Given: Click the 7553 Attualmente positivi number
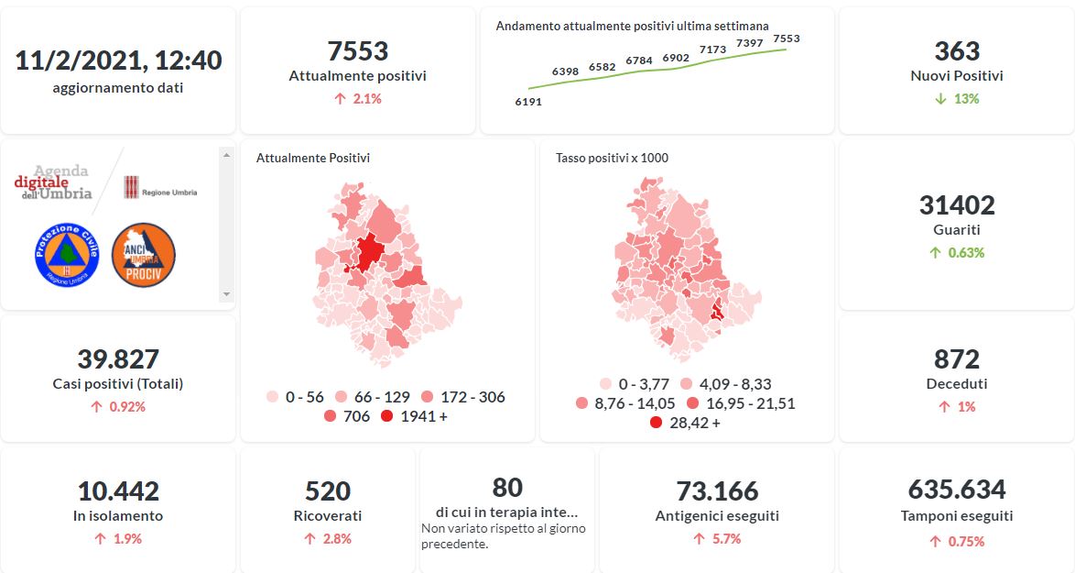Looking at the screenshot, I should point(357,51).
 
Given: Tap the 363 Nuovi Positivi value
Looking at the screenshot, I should point(957,51).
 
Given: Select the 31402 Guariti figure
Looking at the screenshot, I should point(957,205).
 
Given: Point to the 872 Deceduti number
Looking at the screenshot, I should point(957,359).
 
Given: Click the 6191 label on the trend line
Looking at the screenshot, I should point(528,102).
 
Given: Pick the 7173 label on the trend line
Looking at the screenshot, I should point(712,50).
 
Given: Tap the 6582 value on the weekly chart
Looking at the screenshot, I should point(603,67).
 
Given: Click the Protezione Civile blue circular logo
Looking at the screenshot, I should point(67,254).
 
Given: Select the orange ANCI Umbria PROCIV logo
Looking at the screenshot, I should point(143,254).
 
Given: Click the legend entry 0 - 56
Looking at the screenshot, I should point(295,397).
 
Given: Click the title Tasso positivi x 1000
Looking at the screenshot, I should point(612,158).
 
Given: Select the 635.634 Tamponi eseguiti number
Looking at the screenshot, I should point(957,490).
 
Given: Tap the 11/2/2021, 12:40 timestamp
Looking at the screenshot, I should point(118,61).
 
